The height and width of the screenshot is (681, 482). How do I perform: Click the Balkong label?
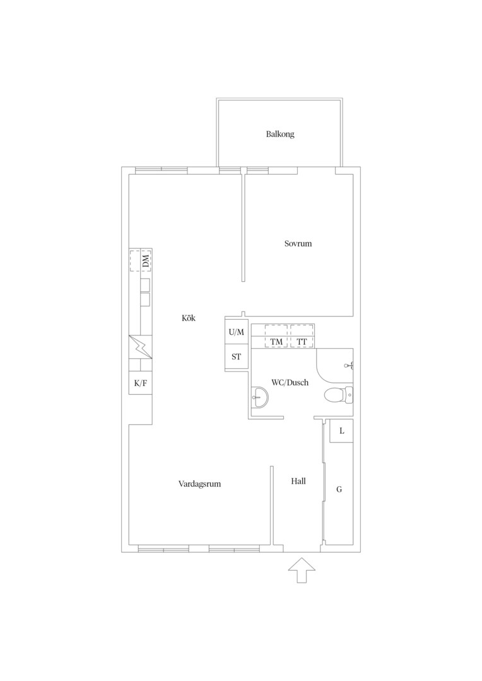point(280,134)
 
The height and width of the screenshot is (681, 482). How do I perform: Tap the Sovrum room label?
point(298,243)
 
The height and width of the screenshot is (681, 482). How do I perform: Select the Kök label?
point(189,318)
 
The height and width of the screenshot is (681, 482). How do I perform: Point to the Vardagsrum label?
point(199,484)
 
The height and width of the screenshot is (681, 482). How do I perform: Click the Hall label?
point(298,481)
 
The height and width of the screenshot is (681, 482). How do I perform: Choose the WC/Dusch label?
point(290,383)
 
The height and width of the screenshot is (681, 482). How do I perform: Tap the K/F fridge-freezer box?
point(141,383)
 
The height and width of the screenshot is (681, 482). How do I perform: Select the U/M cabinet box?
point(237,332)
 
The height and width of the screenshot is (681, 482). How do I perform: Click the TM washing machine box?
point(276,336)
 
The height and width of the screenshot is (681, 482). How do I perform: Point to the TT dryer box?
point(302,336)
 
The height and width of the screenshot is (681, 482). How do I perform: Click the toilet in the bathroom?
point(339,394)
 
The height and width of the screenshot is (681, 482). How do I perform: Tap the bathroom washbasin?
point(260,397)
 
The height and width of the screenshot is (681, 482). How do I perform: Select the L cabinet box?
point(341,431)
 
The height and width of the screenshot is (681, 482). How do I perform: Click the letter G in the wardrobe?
point(339,489)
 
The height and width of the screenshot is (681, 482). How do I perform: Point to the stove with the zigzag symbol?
point(141,347)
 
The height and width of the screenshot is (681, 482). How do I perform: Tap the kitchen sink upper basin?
point(145,284)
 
